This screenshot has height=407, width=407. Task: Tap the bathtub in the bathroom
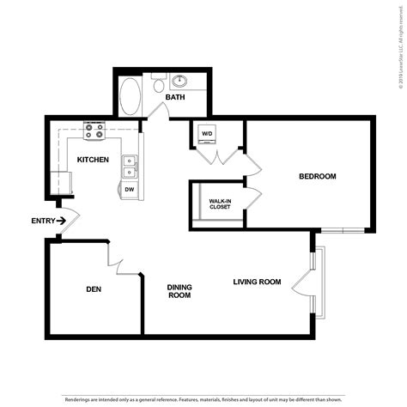click(131, 96)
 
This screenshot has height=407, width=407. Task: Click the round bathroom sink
click(181, 82)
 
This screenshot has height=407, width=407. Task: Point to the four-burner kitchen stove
click(94, 131)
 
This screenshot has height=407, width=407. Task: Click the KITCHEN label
click(92, 161)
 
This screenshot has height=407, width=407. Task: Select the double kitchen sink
click(130, 164)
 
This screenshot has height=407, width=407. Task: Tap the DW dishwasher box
click(130, 188)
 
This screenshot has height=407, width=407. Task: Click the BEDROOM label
click(317, 177)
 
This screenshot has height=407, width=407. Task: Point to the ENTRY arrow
click(63, 222)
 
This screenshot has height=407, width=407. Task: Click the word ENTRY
click(42, 222)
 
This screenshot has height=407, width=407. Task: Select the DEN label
click(94, 289)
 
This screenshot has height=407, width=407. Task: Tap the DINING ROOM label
click(179, 291)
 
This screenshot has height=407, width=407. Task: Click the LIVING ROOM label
click(258, 282)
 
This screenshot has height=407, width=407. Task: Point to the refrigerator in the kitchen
click(61, 183)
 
